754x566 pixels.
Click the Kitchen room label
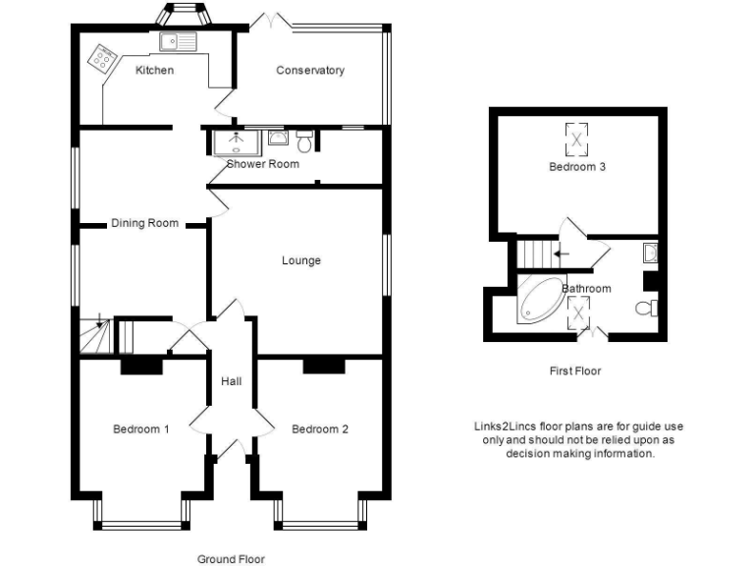(x=154, y=70)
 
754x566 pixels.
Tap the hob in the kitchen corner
(x=100, y=58)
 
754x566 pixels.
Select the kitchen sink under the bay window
(x=178, y=40)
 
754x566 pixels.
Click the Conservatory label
(x=310, y=70)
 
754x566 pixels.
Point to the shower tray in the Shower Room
(x=236, y=142)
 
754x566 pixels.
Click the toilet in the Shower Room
(x=304, y=142)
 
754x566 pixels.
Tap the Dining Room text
(x=144, y=223)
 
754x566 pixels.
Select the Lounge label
(x=301, y=260)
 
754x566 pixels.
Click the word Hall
(x=231, y=381)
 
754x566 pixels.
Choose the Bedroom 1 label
(x=141, y=429)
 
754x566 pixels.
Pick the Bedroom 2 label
(x=320, y=429)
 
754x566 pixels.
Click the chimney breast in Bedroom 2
(x=324, y=367)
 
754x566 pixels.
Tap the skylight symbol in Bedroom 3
(x=576, y=137)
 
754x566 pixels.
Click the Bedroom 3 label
(x=576, y=167)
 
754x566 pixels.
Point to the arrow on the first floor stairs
(x=560, y=254)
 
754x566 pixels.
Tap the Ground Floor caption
(x=231, y=559)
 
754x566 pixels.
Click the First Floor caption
(x=575, y=371)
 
